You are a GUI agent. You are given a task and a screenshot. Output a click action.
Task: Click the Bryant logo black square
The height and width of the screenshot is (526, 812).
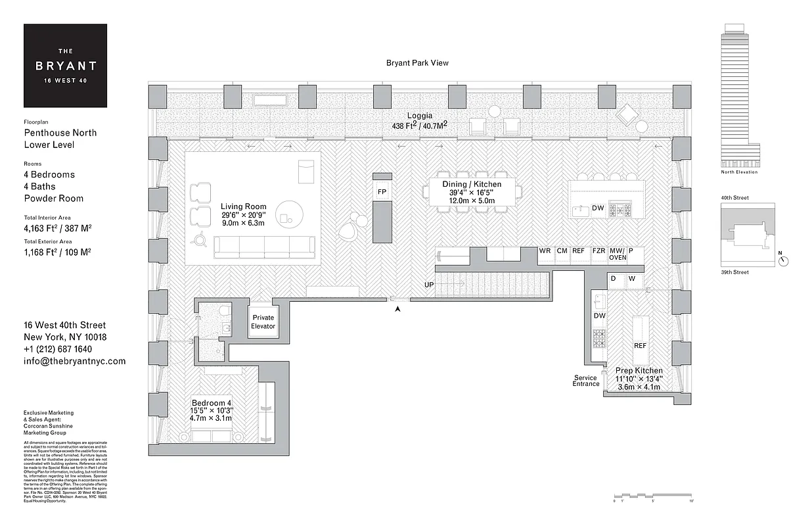(x=65, y=66)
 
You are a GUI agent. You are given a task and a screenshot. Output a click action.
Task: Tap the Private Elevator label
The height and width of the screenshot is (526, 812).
(x=263, y=322)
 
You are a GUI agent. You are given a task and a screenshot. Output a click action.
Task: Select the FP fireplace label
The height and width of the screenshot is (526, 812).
(x=382, y=191)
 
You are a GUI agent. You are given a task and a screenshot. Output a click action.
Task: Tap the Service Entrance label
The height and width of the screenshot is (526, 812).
(x=585, y=381)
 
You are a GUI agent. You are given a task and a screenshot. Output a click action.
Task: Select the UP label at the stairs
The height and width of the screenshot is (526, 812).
(x=429, y=284)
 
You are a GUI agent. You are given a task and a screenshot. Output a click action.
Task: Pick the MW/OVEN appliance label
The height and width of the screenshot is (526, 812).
(x=617, y=254)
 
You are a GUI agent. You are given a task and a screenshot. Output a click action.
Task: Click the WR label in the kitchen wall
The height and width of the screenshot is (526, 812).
(x=545, y=251)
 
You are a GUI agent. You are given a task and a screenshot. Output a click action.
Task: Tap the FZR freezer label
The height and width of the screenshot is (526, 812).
(x=598, y=251)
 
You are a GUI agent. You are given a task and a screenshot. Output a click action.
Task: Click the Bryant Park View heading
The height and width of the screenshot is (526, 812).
(x=417, y=63)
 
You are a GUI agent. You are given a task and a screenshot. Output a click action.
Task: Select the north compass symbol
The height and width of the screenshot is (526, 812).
(x=783, y=260)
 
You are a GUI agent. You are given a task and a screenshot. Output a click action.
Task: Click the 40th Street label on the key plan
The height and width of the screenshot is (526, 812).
(x=734, y=198)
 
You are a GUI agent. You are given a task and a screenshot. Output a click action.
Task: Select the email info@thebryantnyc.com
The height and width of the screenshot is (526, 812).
(x=74, y=361)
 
